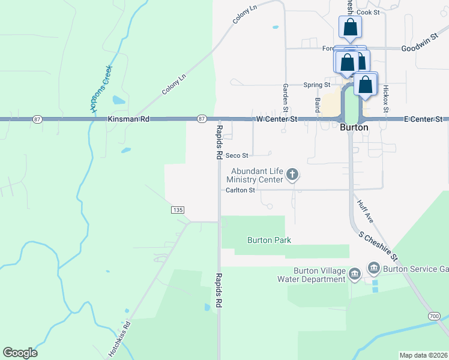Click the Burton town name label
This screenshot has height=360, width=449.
click(354, 128)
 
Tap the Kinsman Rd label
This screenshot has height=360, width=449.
click(128, 120)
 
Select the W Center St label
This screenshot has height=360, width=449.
click(277, 120)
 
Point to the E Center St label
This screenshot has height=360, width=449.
click(423, 120)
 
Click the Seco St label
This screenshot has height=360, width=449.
click(237, 155)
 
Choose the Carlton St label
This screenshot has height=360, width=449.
click(241, 190)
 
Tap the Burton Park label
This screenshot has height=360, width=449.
click(269, 240)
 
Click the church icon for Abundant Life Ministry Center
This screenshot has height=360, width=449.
click(292, 175)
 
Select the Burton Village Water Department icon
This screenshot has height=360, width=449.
click(354, 275)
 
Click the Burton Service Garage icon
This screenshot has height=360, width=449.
click(373, 268)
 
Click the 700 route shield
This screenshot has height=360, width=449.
click(435, 316)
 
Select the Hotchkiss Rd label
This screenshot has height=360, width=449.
click(119, 336)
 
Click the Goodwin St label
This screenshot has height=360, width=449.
click(417, 48)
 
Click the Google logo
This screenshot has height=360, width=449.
click(20, 353)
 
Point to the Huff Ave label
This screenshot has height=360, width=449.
click(365, 212)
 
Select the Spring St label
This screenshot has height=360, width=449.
click(317, 85)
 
